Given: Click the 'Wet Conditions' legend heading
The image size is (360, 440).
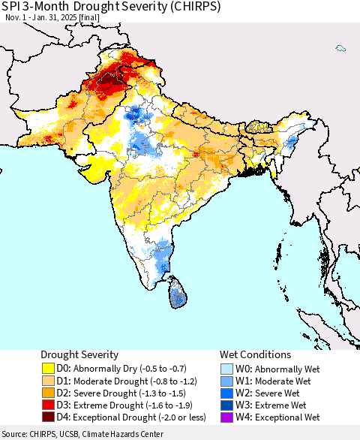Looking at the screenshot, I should click(x=255, y=354).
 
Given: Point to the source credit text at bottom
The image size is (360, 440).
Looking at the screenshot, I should click(x=82, y=434).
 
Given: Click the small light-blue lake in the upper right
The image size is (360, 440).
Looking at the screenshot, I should click(x=340, y=49).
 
